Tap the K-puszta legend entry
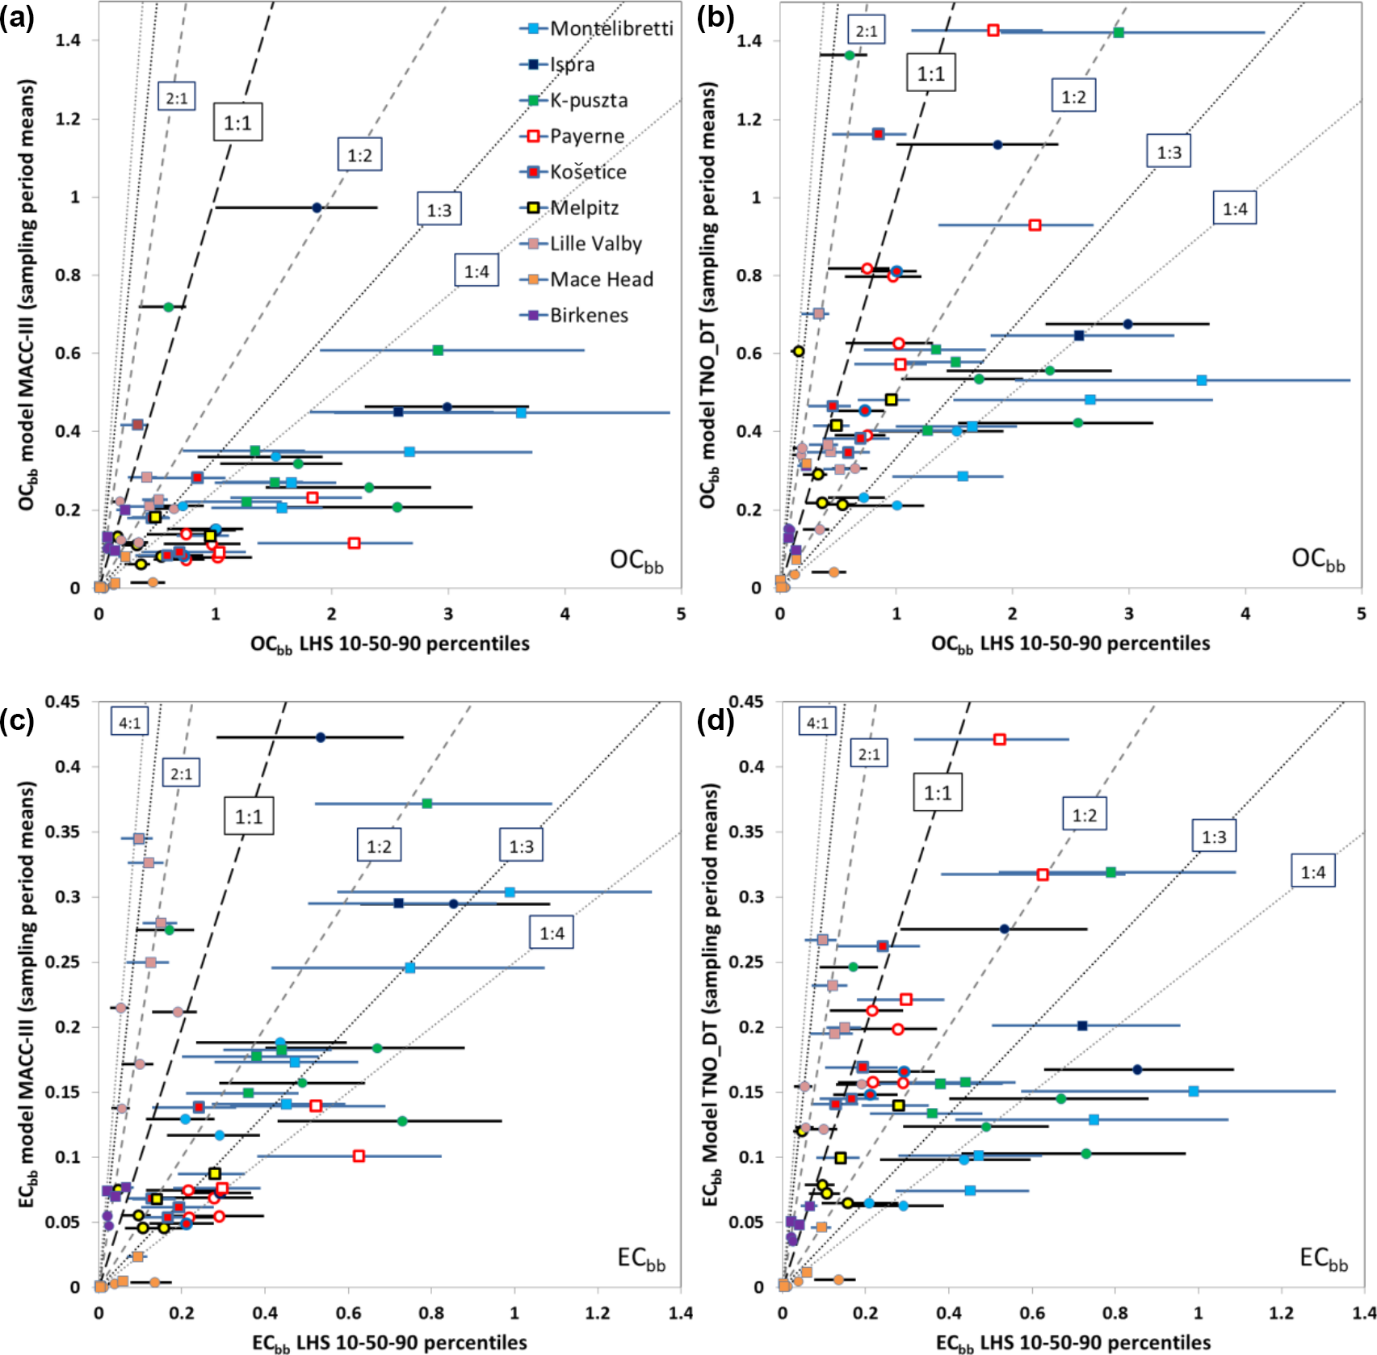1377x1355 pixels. (588, 100)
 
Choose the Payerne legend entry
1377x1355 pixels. (586, 136)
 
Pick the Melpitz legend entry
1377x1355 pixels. (584, 208)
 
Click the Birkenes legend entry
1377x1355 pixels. (588, 315)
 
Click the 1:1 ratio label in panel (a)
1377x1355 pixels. (237, 123)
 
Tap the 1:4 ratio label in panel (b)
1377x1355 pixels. (1235, 209)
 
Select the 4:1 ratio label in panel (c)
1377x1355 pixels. (130, 723)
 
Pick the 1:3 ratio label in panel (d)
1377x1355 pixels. (1214, 837)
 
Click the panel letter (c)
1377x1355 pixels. (18, 720)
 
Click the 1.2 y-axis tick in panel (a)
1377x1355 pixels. (68, 120)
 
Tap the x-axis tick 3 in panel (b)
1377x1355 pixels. (1129, 614)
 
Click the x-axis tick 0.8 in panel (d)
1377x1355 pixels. (1115, 1312)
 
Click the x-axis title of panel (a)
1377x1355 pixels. (390, 644)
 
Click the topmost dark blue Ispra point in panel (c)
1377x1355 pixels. (321, 737)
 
